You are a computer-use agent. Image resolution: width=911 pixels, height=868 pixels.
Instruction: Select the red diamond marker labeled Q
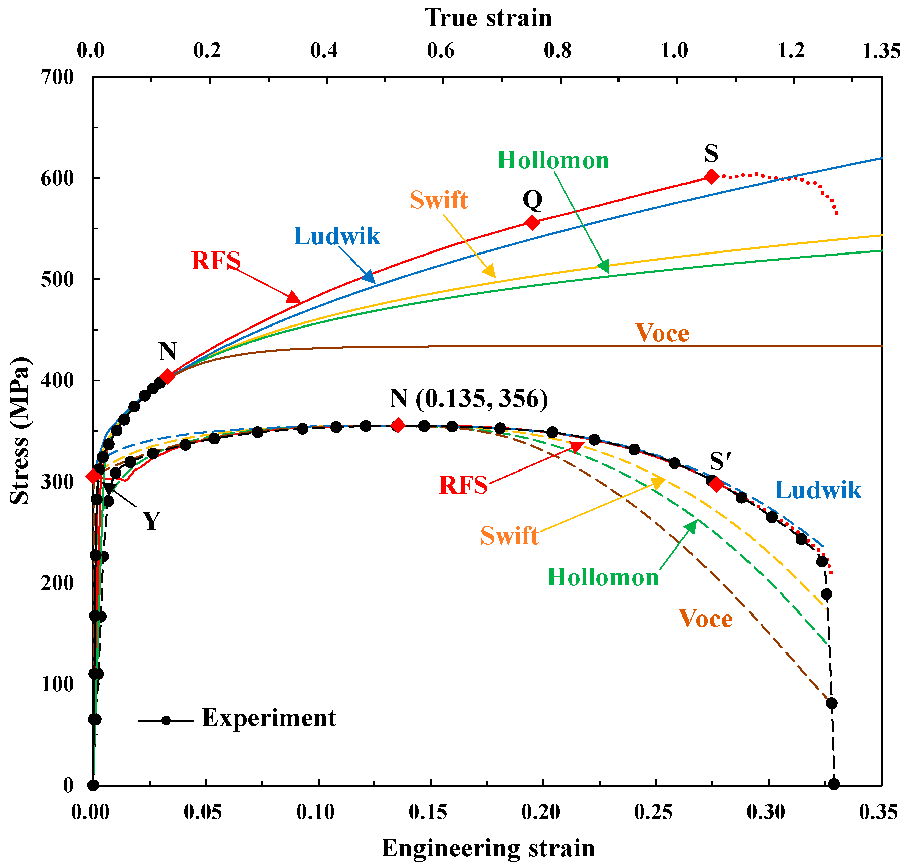[533, 223]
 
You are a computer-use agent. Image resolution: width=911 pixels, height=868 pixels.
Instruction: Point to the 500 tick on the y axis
[57, 280]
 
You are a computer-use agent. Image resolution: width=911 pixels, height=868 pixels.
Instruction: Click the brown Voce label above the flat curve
[662, 333]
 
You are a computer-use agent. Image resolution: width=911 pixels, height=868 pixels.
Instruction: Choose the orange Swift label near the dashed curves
[509, 536]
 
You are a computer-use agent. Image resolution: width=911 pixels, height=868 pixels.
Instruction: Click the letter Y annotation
[151, 521]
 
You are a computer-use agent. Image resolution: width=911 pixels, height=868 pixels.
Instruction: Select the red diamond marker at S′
[716, 485]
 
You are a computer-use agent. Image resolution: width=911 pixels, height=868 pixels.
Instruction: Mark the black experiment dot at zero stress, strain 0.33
[833, 784]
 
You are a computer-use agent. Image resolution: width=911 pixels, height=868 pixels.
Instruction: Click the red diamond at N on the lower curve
[398, 425]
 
